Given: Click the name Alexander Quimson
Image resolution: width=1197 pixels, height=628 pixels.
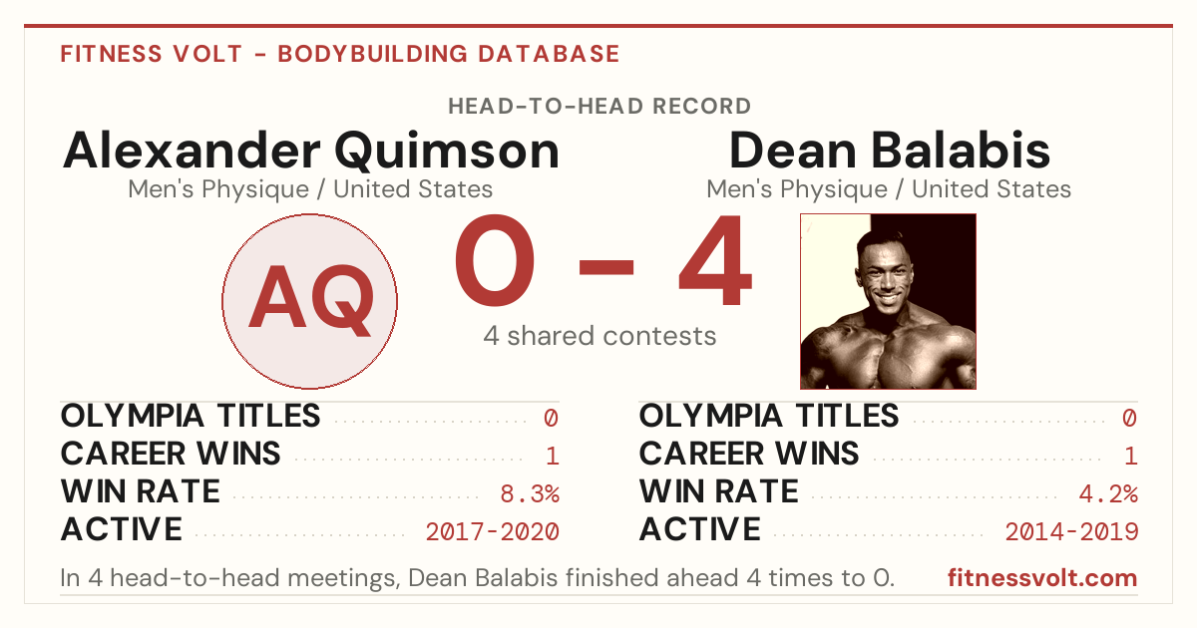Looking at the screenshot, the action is coord(310,153).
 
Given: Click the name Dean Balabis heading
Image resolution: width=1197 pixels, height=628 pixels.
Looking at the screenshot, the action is coord(889,152).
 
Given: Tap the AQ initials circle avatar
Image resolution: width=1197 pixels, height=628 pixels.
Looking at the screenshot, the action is coord(310,301).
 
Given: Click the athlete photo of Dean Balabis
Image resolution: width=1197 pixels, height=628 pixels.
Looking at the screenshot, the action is coord(888,301).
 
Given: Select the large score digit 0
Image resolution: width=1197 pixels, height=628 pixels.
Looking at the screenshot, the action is coord(495,260).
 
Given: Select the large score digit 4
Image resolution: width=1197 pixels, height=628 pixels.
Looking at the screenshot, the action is coord(715,260).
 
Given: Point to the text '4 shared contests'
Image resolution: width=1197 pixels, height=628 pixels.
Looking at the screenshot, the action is coord(599,337).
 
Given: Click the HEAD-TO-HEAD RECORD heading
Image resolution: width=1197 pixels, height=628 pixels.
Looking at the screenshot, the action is coord(599,107).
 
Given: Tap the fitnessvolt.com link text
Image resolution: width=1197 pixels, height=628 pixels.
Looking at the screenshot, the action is coord(1042,578).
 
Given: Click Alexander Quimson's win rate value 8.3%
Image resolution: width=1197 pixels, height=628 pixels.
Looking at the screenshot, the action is coord(530,494).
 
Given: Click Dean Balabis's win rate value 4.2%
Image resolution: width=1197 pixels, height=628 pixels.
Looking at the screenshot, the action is coord(1108,494).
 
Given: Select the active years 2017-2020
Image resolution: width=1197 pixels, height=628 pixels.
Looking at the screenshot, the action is coord(492,532).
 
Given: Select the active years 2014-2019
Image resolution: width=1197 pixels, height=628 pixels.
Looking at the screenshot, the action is coord(1071,532).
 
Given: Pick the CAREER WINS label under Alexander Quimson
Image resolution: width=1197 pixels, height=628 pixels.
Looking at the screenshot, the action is coord(171,454).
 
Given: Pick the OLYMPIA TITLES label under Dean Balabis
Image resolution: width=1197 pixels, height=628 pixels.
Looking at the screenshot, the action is coord(769,416).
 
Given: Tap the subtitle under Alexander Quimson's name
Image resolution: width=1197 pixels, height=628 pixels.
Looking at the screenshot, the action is coord(310,189).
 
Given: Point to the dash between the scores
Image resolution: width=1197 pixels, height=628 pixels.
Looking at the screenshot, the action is coord(606,267).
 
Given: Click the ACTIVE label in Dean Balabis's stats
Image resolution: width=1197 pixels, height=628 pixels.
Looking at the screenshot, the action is coord(700,529).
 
